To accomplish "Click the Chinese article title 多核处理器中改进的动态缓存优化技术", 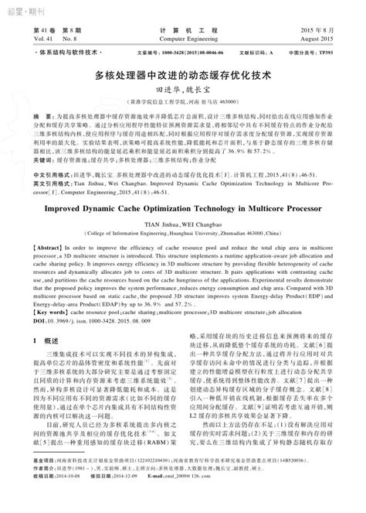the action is coord(183,77).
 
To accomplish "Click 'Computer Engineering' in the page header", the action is coord(183,36).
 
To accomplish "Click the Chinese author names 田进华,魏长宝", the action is coord(183,91).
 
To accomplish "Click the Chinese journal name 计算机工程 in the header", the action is coord(183,28).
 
